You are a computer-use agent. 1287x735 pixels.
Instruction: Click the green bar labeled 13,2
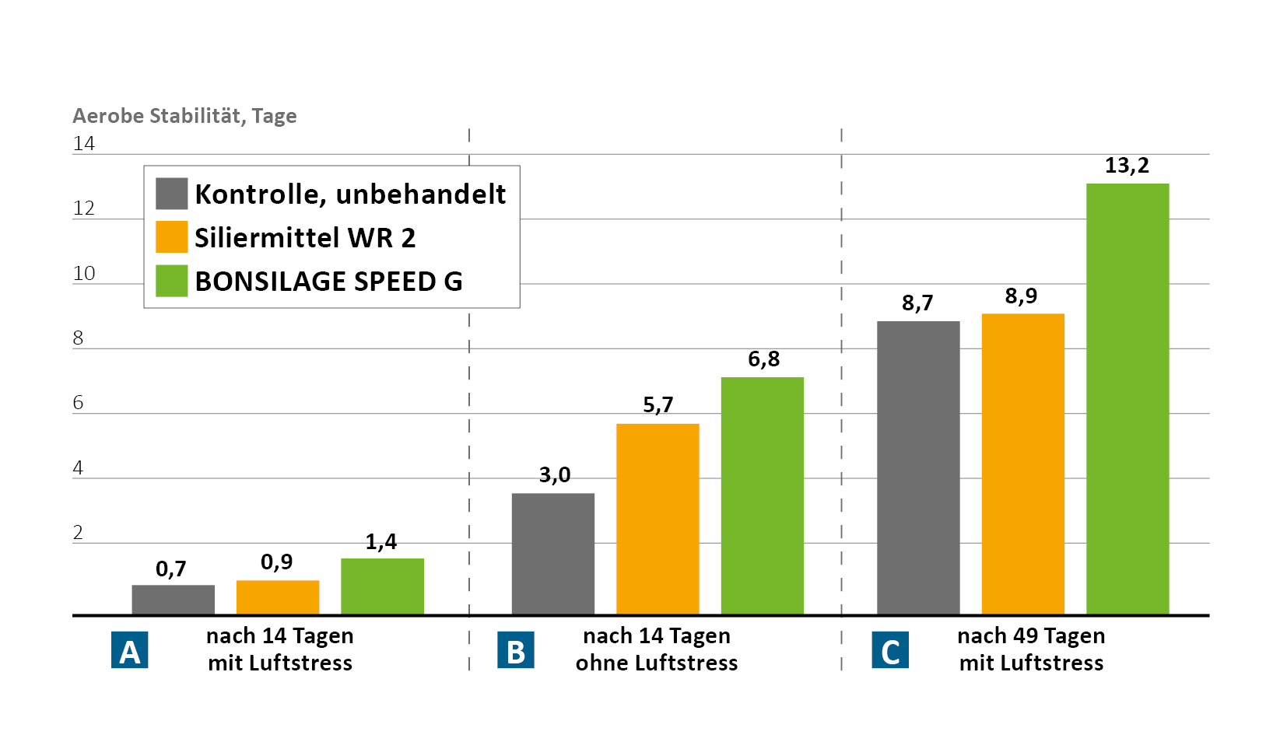coord(1127,399)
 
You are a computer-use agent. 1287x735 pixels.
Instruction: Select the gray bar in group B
coord(552,554)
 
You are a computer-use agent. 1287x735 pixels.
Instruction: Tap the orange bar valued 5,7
coord(657,519)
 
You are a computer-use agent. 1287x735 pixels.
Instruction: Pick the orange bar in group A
coord(277,597)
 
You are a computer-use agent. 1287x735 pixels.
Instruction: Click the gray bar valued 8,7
coord(917,467)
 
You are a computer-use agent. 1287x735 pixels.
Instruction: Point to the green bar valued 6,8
coord(762,495)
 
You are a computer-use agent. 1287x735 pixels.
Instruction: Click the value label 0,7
coord(171,569)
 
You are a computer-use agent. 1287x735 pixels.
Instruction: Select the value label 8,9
coord(1021,296)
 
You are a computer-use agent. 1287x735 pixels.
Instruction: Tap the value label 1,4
coord(381,541)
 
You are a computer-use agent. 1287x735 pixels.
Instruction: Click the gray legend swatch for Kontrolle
coord(171,194)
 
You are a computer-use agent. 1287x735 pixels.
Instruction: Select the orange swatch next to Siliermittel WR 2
coord(171,237)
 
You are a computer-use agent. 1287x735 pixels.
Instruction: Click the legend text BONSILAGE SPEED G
coord(328,282)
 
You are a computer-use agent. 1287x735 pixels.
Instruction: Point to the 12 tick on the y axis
coord(83,208)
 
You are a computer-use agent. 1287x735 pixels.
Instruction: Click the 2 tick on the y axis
coord(78,533)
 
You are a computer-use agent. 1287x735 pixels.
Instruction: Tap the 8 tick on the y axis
coord(78,338)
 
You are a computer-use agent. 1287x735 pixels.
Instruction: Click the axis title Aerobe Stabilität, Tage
coord(184,116)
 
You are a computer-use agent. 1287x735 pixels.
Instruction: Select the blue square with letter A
coord(129,651)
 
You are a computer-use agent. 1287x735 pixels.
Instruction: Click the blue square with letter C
coord(889,651)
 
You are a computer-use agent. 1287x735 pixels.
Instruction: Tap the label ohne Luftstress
coord(656,663)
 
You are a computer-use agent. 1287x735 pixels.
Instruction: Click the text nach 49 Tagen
coord(1030,636)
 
